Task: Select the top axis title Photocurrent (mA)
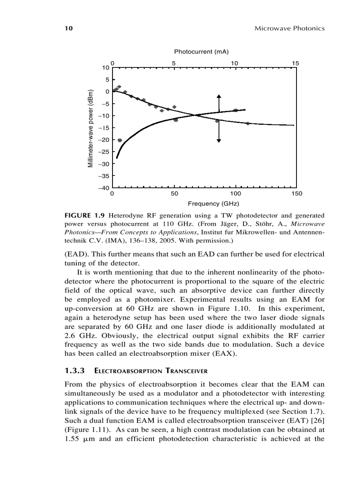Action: [x=201, y=52]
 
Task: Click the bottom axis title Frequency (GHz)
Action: [x=213, y=204]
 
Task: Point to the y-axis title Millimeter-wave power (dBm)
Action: [x=90, y=128]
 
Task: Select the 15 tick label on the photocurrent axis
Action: [x=295, y=63]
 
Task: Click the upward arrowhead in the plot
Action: [x=219, y=97]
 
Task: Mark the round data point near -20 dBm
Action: [x=120, y=140]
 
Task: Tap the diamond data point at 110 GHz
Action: [x=247, y=123]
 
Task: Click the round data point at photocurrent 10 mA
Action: [x=236, y=110]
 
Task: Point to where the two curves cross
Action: [x=195, y=115]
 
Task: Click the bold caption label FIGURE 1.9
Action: [x=85, y=216]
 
